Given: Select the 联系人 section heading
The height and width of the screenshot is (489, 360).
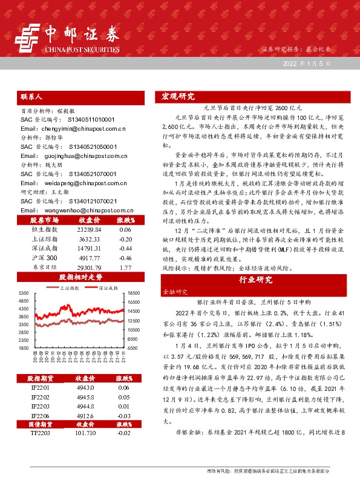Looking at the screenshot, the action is tap(31, 96).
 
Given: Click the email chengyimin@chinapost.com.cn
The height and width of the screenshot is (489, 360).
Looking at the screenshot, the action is tap(73, 129).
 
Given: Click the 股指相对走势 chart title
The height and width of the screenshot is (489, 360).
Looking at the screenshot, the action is tap(77, 277).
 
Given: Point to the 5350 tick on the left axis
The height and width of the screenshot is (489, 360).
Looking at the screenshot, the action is tap(24, 293).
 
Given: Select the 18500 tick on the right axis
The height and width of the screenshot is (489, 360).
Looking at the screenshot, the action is tap(134, 293).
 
